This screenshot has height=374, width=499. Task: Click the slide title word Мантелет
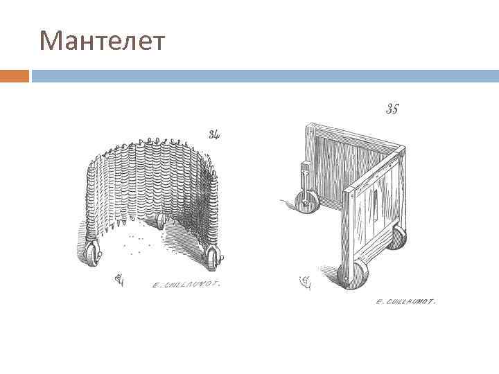coord(103,42)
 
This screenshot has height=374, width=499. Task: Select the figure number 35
coord(392,109)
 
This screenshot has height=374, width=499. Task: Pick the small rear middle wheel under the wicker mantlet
coord(161,221)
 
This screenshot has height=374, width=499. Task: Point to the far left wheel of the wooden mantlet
coord(306,202)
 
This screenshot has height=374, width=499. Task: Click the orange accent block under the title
coord(15,75)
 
